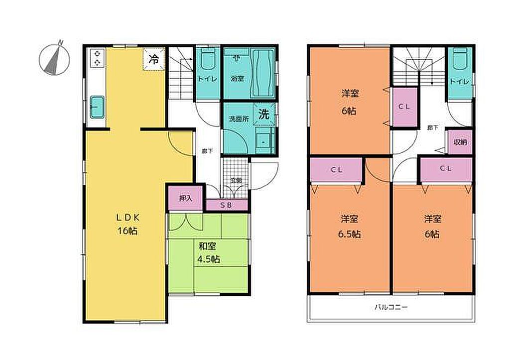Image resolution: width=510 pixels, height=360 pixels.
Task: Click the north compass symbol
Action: pos(54,59)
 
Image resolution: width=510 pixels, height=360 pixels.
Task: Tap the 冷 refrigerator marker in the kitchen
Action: pos(154,59)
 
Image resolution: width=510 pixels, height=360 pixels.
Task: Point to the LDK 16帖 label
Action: pos(127,224)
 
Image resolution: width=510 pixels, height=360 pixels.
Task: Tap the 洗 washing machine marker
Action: pos(264,114)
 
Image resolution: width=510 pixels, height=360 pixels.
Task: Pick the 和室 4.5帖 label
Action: pos(209,252)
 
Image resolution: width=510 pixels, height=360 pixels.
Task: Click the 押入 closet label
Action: pos(186,198)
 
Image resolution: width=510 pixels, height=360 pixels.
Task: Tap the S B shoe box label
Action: pos(226,205)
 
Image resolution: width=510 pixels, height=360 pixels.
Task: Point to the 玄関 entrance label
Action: pos(236,180)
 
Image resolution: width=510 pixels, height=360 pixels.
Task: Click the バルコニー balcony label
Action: pos(391,307)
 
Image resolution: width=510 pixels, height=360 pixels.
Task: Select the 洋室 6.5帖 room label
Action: pos(350,227)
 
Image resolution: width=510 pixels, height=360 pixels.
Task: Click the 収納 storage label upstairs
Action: pos(460,142)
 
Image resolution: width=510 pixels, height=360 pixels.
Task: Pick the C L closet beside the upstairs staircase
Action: pos(404,107)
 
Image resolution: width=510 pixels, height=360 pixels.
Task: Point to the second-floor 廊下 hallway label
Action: pos(432,128)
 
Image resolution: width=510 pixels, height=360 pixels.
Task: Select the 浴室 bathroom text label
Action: pos(238,79)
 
